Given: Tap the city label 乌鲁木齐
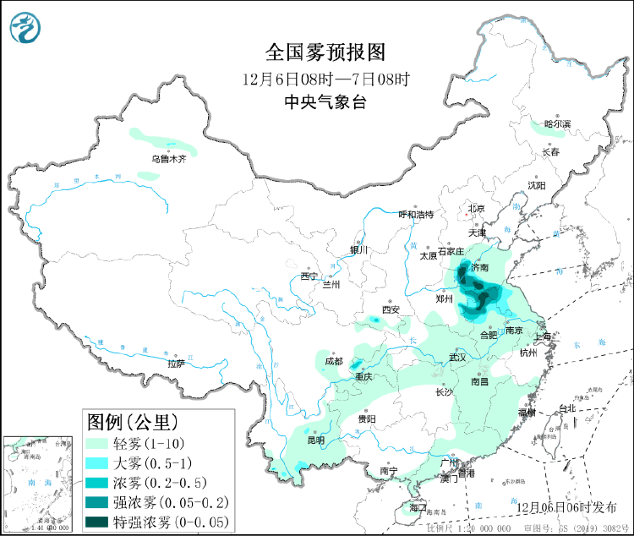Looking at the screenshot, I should point(168,158).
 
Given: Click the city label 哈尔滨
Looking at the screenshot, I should point(557,124).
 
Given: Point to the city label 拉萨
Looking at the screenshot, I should point(175,364).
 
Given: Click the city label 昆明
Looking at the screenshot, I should point(315,440).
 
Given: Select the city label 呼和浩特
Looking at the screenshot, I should point(415,214).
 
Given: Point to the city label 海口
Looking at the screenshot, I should point(418,508).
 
